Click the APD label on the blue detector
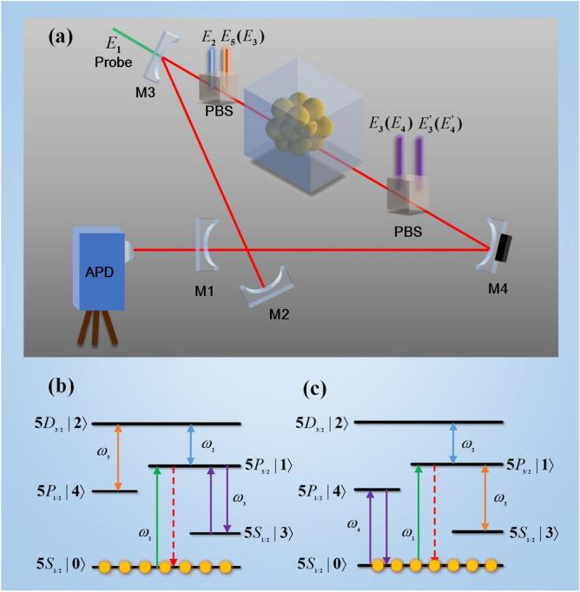(99, 273)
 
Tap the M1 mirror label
(204, 291)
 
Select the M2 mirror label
(279, 314)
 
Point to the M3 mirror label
(145, 93)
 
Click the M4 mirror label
(498, 289)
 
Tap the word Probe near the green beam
(113, 62)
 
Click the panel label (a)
(61, 37)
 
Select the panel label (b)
(61, 386)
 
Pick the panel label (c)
(314, 390)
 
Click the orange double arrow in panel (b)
(118, 457)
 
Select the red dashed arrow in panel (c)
(434, 515)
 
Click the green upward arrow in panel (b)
(157, 516)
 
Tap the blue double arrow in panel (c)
(453, 443)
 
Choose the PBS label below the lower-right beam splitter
(408, 232)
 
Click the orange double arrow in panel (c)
(485, 498)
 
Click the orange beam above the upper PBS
(227, 61)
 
